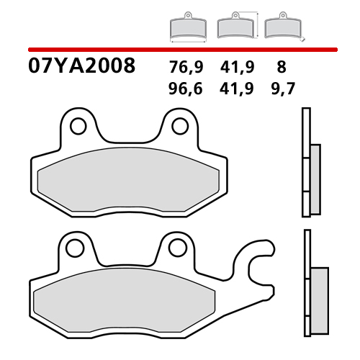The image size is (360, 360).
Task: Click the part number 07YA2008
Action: pyautogui.click(x=81, y=67)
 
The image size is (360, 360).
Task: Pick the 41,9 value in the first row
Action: pyautogui.click(x=235, y=68)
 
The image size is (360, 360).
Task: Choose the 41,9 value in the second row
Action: pyautogui.click(x=235, y=89)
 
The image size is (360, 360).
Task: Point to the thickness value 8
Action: pyautogui.click(x=281, y=68)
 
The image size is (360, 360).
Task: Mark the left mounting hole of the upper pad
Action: pyautogui.click(x=76, y=125)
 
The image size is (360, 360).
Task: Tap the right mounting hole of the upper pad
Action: pyautogui.click(x=177, y=125)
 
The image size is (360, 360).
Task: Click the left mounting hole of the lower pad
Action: pyautogui.click(x=72, y=248)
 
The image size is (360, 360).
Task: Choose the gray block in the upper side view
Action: pyautogui.click(x=315, y=178)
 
